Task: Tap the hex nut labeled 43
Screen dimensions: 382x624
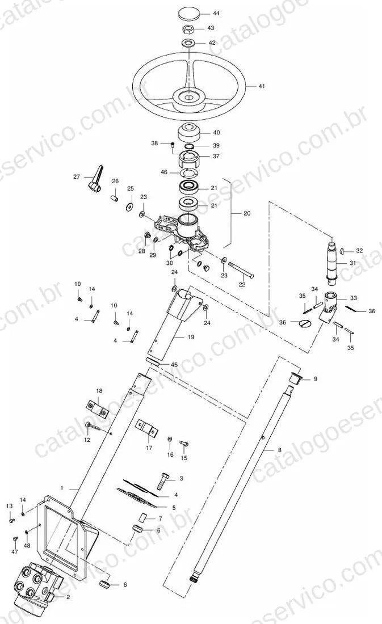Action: pos(188,29)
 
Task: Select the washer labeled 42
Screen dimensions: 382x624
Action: pos(188,42)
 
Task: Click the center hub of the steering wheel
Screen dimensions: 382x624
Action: pos(188,96)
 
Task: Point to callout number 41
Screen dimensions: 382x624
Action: pos(261,86)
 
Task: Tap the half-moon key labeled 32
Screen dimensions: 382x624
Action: pos(343,251)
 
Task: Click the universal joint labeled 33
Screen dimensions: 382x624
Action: pos(329,305)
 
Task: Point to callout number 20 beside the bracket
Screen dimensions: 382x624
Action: pos(247,213)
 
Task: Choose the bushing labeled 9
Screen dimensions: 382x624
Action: pos(295,378)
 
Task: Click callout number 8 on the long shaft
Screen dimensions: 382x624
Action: pos(280,450)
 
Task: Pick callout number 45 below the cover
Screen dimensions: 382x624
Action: pos(174,365)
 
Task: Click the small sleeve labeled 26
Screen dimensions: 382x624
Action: pos(114,197)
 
